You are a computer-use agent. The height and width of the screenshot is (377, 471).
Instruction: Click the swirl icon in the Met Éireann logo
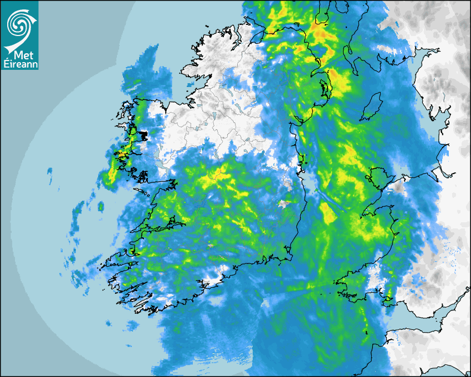coord(19,24)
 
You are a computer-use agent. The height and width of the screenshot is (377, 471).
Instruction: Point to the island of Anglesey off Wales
coord(380,176)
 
